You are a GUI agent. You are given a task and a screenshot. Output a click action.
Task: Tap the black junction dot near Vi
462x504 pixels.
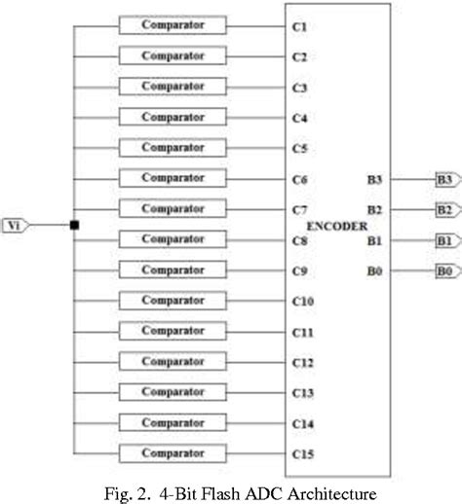(x=74, y=226)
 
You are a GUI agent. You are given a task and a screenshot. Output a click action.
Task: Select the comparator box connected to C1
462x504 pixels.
(x=173, y=24)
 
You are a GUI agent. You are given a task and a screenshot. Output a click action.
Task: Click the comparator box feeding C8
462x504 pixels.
(x=173, y=238)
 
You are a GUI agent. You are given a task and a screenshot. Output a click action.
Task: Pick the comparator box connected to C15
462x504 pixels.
(x=173, y=453)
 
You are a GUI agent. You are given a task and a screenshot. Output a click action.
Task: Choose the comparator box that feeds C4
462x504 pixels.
(x=173, y=117)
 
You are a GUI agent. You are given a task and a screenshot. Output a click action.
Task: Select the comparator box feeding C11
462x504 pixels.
(x=173, y=331)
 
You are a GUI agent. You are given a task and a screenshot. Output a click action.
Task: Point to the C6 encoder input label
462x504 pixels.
(x=299, y=180)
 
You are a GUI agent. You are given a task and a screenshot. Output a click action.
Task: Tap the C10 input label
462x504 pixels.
(x=302, y=302)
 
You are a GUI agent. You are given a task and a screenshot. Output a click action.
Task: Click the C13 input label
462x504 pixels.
(x=302, y=393)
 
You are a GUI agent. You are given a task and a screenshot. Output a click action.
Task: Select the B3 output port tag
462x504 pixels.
(x=444, y=179)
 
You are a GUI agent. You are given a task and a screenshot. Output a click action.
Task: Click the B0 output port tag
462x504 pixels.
(x=444, y=270)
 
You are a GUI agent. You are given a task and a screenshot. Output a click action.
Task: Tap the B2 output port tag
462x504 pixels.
(x=444, y=209)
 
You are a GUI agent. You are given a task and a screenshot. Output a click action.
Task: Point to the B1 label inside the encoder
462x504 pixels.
(x=374, y=240)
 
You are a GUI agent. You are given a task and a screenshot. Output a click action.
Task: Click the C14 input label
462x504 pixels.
(x=302, y=423)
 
